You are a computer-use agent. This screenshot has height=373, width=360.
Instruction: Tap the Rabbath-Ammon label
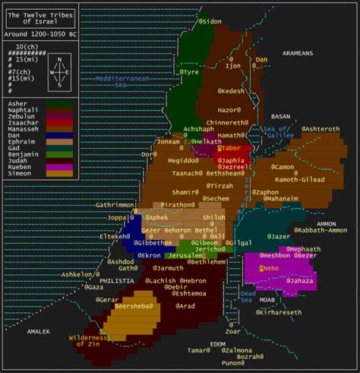pos(314,230)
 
